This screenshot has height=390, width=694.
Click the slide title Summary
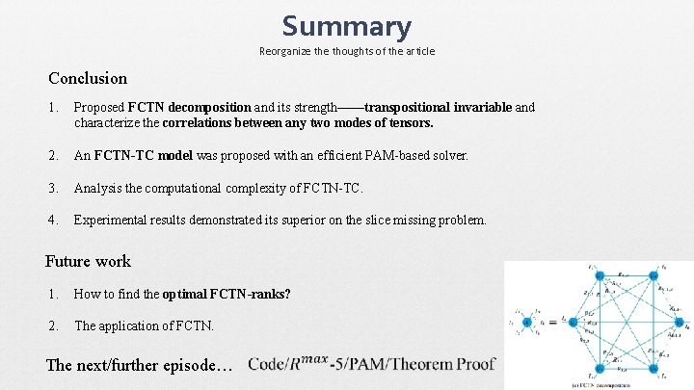(x=346, y=26)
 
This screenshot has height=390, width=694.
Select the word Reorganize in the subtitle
(x=287, y=50)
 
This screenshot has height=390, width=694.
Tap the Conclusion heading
(x=88, y=78)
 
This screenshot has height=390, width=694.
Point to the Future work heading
(x=88, y=261)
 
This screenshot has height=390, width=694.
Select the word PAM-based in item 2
(x=392, y=155)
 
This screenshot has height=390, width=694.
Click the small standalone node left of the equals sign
(x=527, y=323)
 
